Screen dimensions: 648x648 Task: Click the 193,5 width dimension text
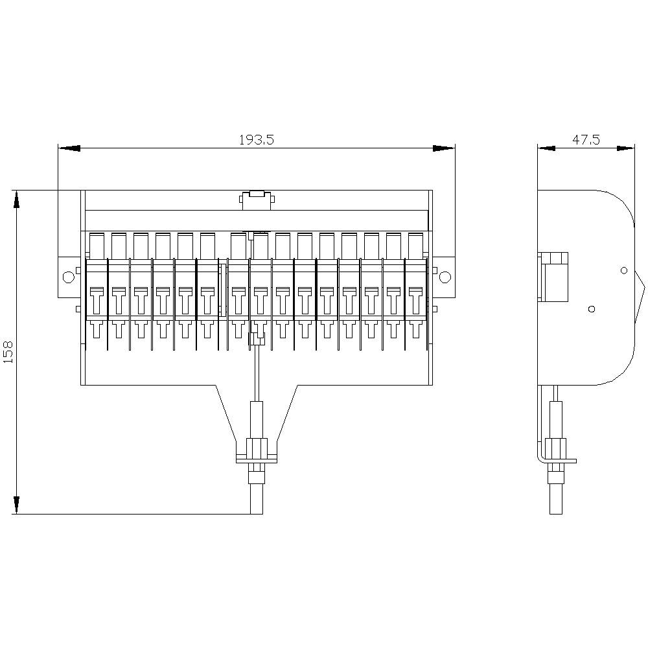pyautogui.click(x=257, y=139)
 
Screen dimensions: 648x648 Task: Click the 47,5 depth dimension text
pyautogui.click(x=586, y=139)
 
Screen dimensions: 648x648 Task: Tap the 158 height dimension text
pyautogui.click(x=8, y=353)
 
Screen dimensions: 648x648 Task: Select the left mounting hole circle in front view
pyautogui.click(x=68, y=277)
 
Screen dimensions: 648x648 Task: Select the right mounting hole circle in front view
pyautogui.click(x=445, y=277)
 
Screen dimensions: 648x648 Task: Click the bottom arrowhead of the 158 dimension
pyautogui.click(x=16, y=504)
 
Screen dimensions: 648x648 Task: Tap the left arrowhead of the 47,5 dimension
pyautogui.click(x=547, y=148)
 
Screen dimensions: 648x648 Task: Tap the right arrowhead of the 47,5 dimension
pyautogui.click(x=625, y=148)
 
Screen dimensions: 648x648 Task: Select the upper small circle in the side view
pyautogui.click(x=623, y=270)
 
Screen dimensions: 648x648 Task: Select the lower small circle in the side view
pyautogui.click(x=591, y=309)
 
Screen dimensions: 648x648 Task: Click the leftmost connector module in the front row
pyautogui.click(x=96, y=298)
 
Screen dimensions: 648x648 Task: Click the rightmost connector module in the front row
pyautogui.click(x=415, y=298)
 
